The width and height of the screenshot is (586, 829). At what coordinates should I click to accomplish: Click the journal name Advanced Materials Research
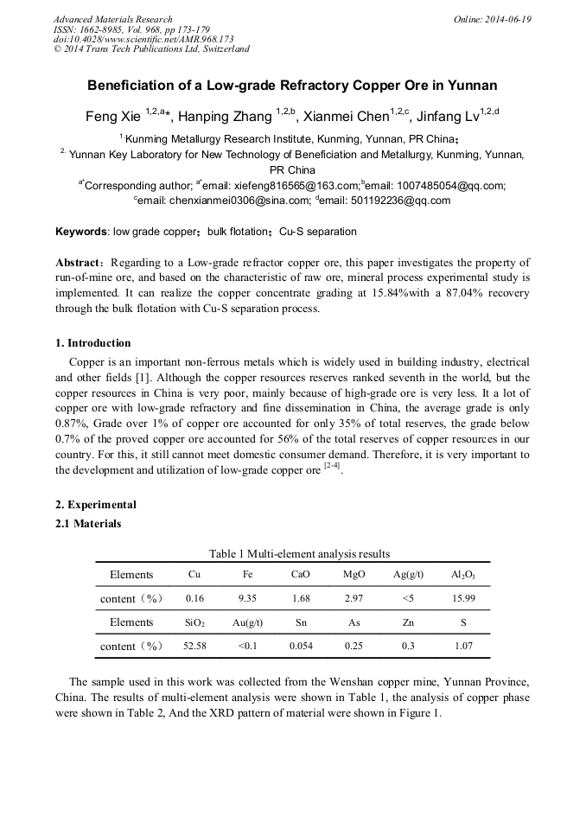(113, 19)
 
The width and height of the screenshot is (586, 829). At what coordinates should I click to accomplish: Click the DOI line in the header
(143, 39)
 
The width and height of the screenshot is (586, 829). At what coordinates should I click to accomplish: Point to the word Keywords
(81, 232)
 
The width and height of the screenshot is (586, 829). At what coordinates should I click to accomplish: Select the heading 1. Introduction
(93, 343)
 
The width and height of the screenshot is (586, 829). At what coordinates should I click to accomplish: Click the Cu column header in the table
(194, 575)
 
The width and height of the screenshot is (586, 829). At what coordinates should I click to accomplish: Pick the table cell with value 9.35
(248, 598)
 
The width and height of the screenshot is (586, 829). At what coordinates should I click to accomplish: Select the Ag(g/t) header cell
(408, 575)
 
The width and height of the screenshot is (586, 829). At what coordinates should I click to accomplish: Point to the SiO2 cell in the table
(194, 622)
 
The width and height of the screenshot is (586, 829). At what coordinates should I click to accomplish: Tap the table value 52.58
(194, 647)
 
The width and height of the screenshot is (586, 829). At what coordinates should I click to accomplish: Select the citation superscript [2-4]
(332, 466)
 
